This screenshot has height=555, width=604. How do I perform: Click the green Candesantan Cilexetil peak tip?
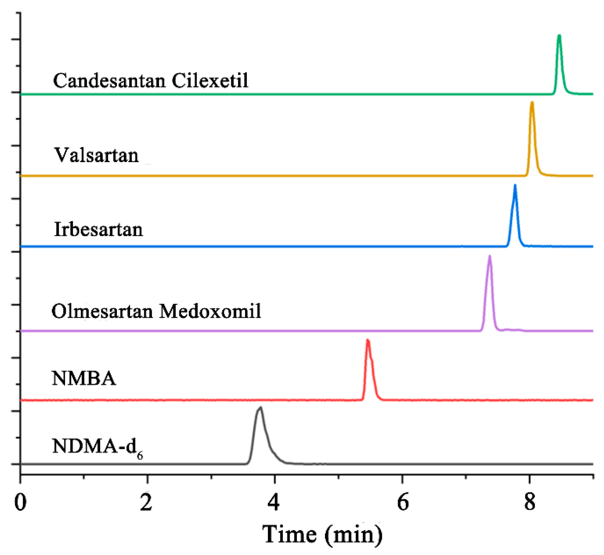click(x=559, y=36)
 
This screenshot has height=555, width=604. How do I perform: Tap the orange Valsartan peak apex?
click(x=532, y=103)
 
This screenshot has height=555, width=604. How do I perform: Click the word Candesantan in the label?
click(x=109, y=81)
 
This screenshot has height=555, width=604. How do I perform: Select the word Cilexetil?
click(x=210, y=81)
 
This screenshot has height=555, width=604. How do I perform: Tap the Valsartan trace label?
click(x=96, y=155)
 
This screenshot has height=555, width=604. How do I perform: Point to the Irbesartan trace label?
click(x=98, y=229)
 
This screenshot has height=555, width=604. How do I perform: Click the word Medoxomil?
click(x=210, y=311)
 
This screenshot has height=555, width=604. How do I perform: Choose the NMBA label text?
click(x=84, y=378)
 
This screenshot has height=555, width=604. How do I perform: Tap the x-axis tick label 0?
click(x=20, y=502)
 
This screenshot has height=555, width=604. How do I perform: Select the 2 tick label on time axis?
click(x=146, y=502)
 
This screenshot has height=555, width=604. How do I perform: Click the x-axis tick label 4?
click(x=274, y=502)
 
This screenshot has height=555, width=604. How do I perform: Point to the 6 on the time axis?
click(x=402, y=502)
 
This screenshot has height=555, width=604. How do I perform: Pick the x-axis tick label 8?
click(x=530, y=502)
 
